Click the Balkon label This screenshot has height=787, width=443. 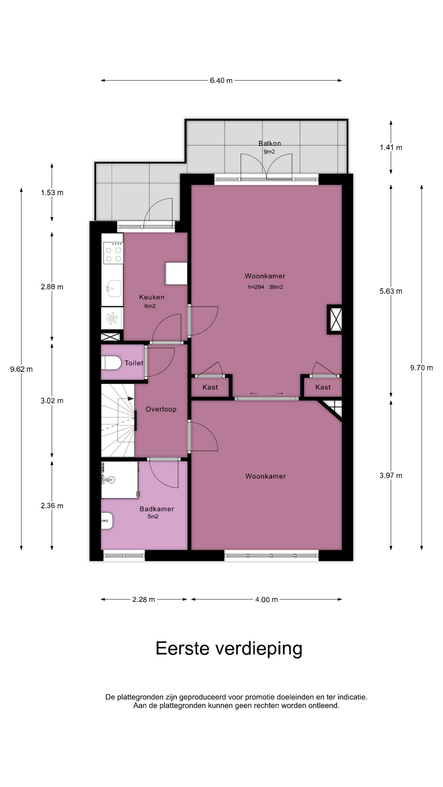pyautogui.click(x=269, y=143)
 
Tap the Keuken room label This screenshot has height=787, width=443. pyautogui.click(x=151, y=297)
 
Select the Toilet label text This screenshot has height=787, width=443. pyautogui.click(x=134, y=363)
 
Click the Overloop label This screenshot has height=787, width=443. pyautogui.click(x=161, y=409)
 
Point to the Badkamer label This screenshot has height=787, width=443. pyautogui.click(x=157, y=509)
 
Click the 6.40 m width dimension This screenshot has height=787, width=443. pyautogui.click(x=221, y=81)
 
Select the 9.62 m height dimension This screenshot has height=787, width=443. pyautogui.click(x=21, y=369)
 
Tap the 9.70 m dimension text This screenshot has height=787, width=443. pyautogui.click(x=422, y=368)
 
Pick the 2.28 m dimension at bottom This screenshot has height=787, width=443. pyautogui.click(x=144, y=600)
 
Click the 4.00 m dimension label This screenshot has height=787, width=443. pyautogui.click(x=267, y=600)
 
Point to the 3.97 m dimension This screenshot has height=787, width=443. pyautogui.click(x=391, y=476)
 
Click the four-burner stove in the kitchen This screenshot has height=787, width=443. pyautogui.click(x=113, y=253)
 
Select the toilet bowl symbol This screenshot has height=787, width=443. pyautogui.click(x=111, y=363)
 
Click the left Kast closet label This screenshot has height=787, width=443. pyautogui.click(x=210, y=387)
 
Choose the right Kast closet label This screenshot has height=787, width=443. pyautogui.click(x=323, y=387)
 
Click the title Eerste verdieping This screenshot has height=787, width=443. pyautogui.click(x=229, y=649)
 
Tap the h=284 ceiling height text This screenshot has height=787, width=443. pyautogui.click(x=256, y=287)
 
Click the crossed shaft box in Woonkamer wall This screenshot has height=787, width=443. pyautogui.click(x=334, y=319)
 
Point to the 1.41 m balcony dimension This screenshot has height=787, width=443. pyautogui.click(x=391, y=148)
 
